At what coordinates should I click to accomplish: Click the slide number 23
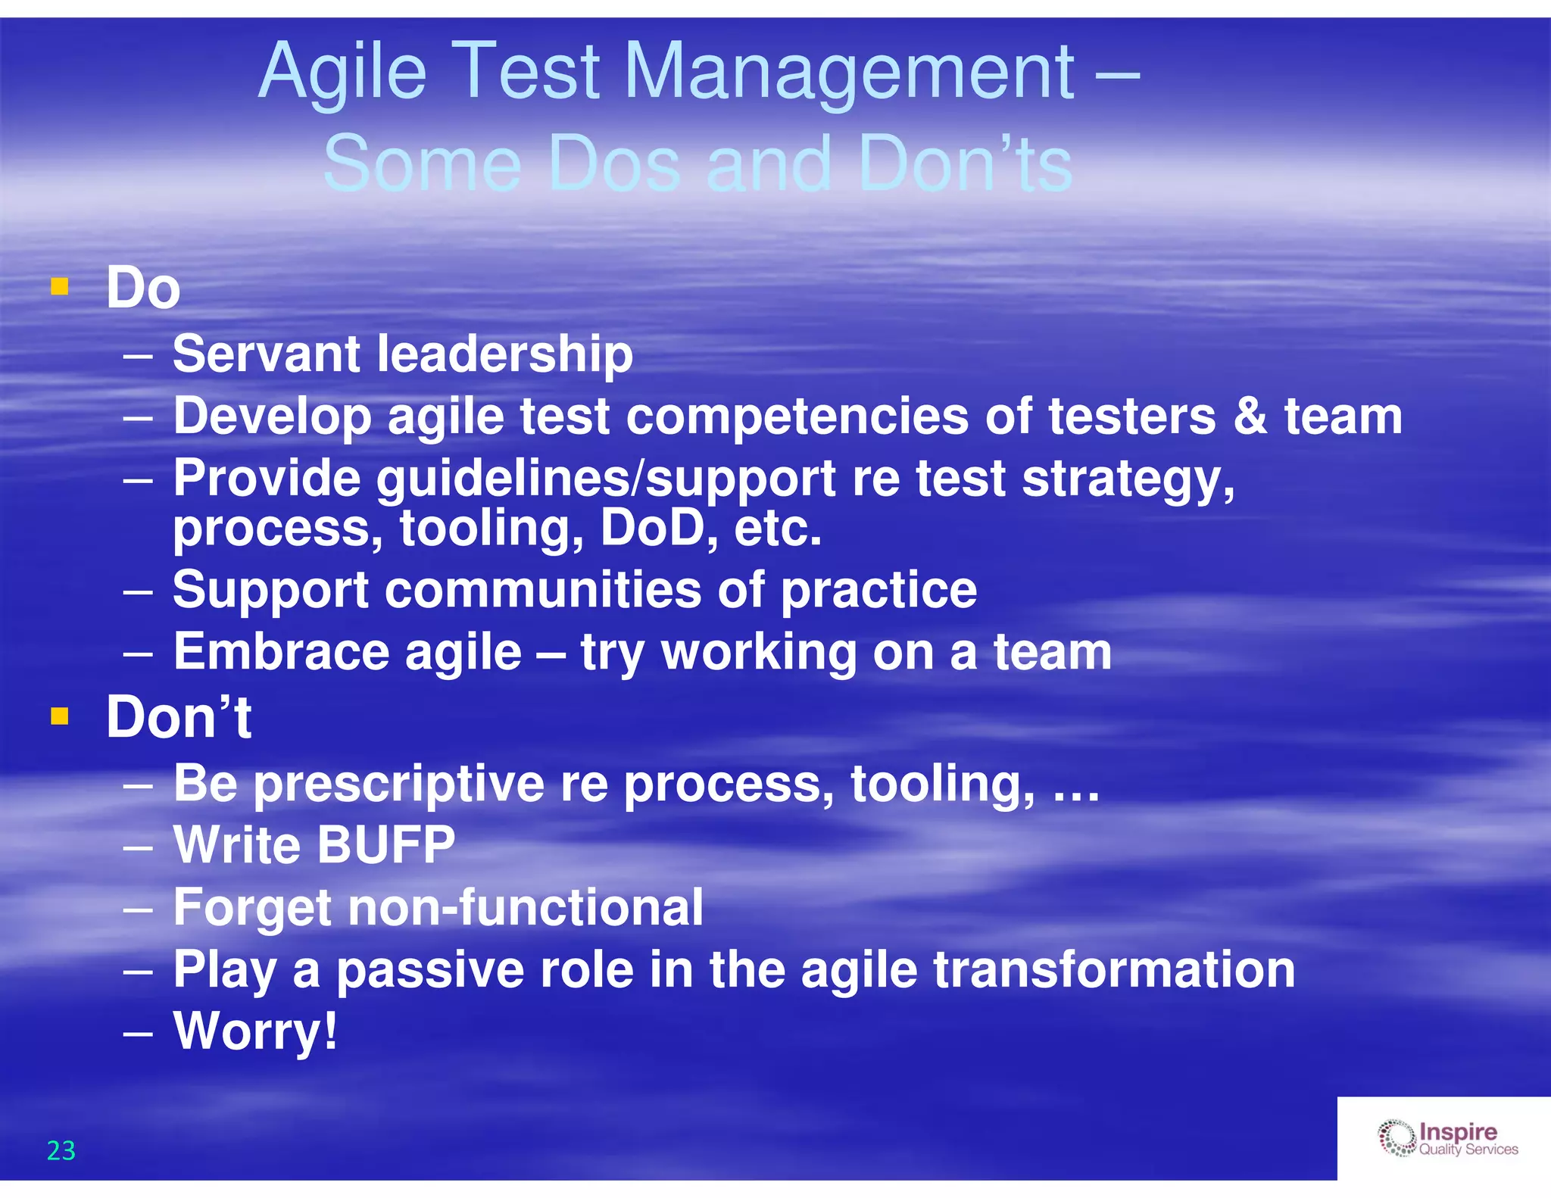(61, 1150)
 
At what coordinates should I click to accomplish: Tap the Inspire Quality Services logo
(1447, 1139)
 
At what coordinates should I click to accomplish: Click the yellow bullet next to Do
(60, 286)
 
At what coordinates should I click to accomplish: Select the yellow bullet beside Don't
(60, 716)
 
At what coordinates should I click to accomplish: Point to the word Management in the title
(848, 72)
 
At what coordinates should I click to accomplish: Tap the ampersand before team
(1250, 416)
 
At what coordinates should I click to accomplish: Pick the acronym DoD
(653, 528)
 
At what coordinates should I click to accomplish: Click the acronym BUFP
(385, 845)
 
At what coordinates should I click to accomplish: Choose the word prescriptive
(398, 784)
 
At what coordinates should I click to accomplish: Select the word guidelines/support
(606, 479)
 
